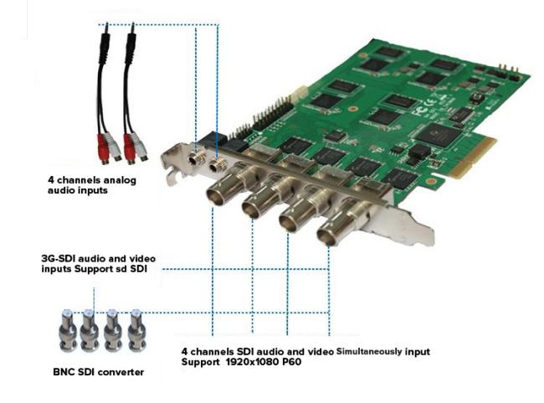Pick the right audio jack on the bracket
coord(217,165)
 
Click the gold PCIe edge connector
coord(473,158)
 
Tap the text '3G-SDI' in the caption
coord(59,259)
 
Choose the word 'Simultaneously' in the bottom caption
coord(369,352)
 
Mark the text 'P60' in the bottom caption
coord(291,362)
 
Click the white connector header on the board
coord(300,94)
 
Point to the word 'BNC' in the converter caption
coord(64,372)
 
